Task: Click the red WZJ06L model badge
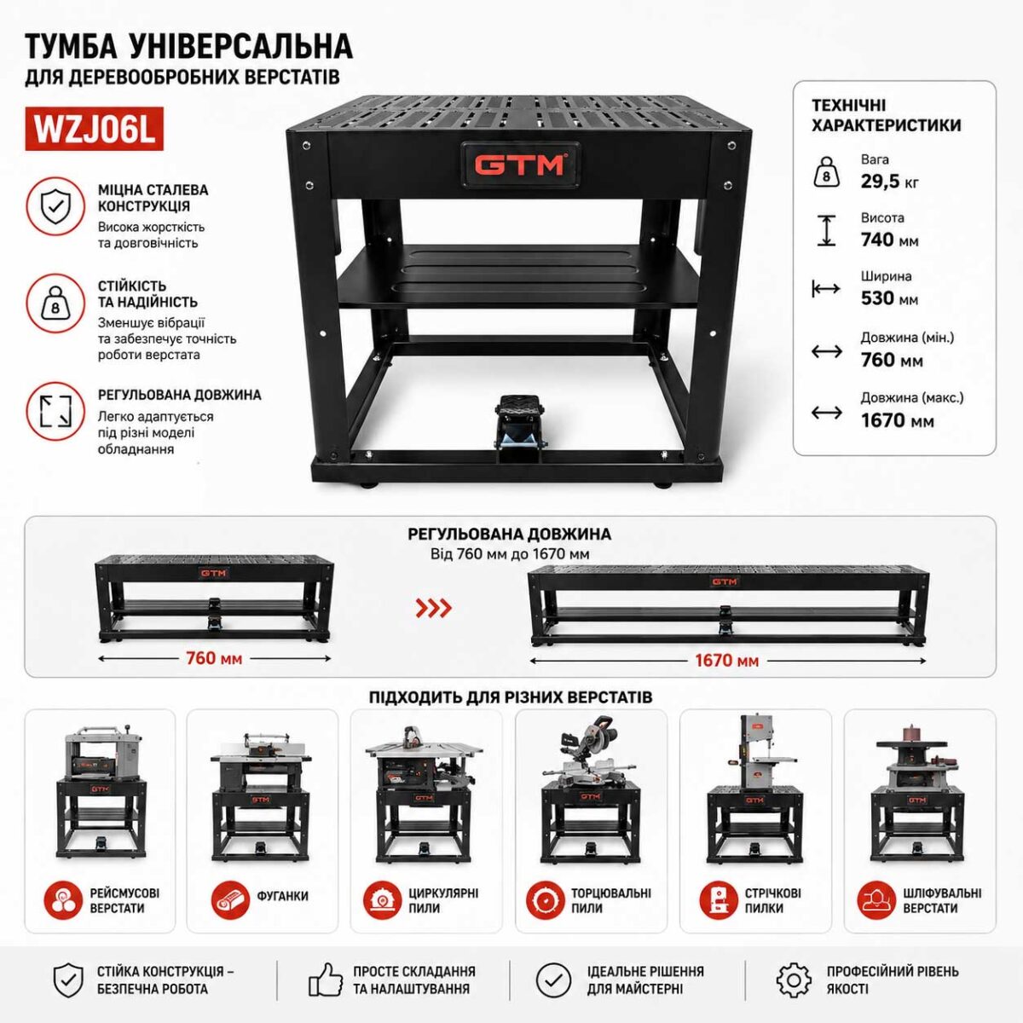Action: pyautogui.click(x=94, y=129)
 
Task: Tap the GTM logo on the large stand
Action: pyautogui.click(x=519, y=165)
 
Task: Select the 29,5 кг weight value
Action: pyautogui.click(x=889, y=182)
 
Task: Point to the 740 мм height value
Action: pyautogui.click(x=889, y=240)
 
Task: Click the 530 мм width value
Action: pyautogui.click(x=889, y=298)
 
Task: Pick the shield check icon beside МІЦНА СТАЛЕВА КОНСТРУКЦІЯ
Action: pyautogui.click(x=55, y=206)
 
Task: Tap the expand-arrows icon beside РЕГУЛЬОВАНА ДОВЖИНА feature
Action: pyautogui.click(x=55, y=411)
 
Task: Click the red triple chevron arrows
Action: pyautogui.click(x=433, y=608)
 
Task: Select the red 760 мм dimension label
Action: pyautogui.click(x=214, y=658)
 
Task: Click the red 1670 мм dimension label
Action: pyautogui.click(x=727, y=661)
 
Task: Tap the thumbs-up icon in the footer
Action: pyautogui.click(x=326, y=980)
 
